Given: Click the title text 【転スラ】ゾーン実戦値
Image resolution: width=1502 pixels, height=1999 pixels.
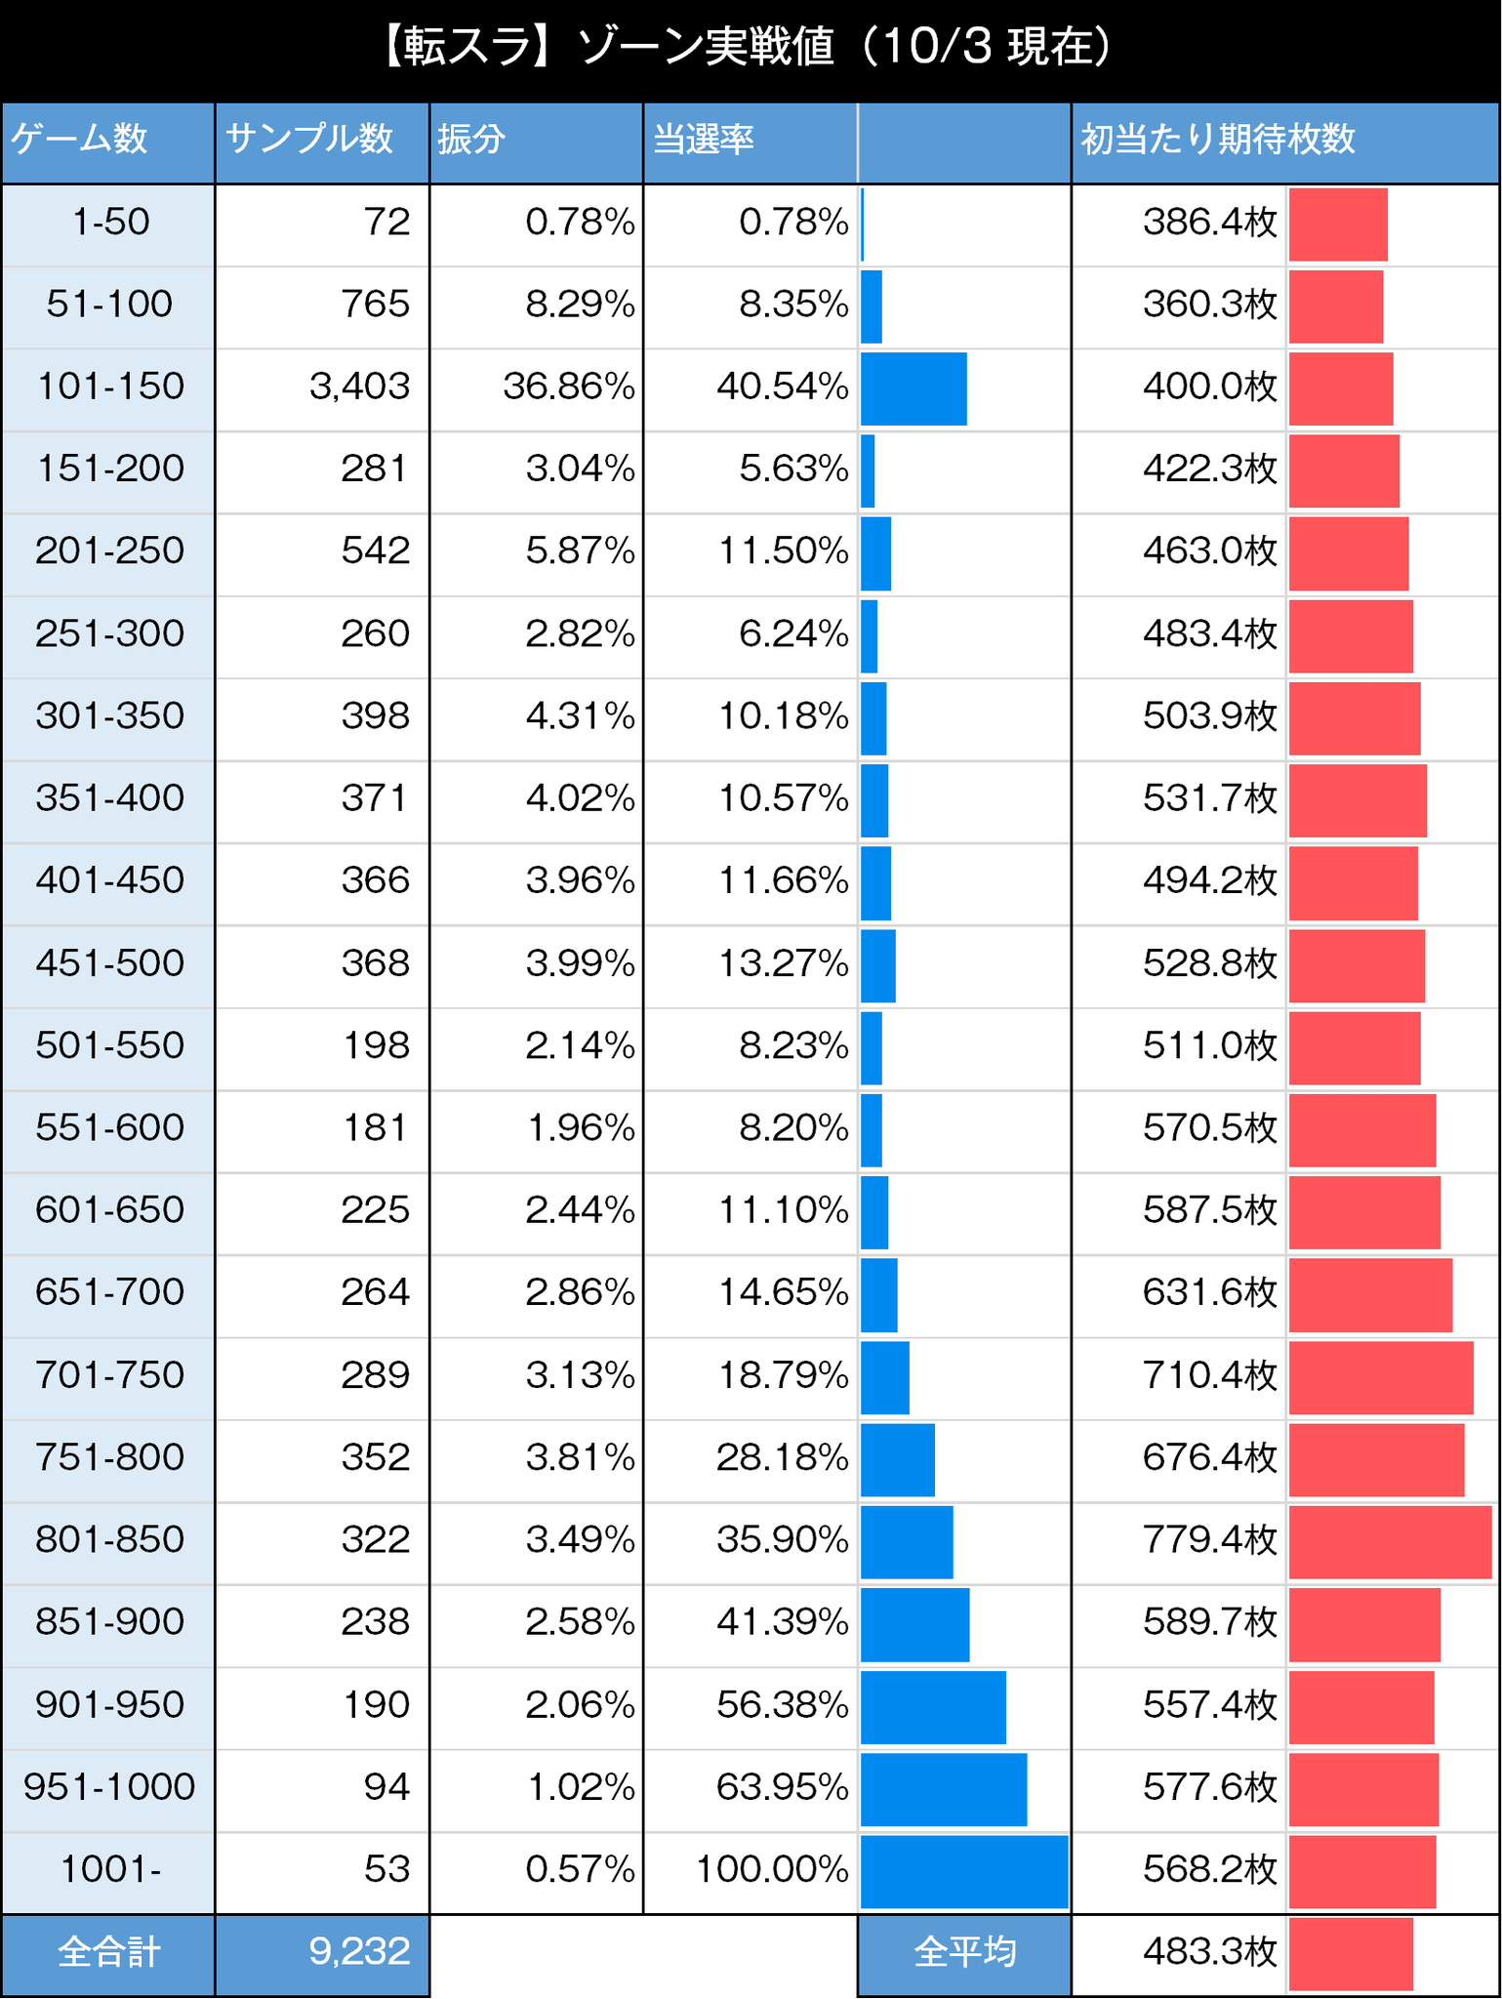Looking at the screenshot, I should click(x=605, y=47).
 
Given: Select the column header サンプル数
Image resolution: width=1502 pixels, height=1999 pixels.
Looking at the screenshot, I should click(x=309, y=140).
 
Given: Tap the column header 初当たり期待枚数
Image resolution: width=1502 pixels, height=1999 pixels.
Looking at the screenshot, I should click(x=1217, y=140).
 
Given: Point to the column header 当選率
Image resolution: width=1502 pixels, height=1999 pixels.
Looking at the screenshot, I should click(x=703, y=140).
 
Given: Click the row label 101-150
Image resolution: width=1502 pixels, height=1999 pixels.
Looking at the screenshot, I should click(x=109, y=387).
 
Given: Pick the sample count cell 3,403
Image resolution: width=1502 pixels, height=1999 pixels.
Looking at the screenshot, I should click(x=359, y=387).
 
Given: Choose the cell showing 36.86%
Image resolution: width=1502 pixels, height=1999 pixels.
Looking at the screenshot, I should click(x=569, y=387).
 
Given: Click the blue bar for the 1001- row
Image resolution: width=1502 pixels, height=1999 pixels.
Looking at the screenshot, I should click(x=964, y=1871).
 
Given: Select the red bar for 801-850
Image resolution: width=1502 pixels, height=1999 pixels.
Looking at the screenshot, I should click(x=1390, y=1541).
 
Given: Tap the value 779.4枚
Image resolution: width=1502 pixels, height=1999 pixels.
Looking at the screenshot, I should click(x=1209, y=1541).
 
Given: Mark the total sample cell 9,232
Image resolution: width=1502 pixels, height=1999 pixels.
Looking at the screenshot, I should click(x=359, y=1952).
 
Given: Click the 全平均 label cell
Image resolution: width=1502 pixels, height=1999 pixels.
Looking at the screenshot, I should click(x=964, y=1952).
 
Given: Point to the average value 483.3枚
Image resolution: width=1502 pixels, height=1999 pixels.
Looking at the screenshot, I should click(x=1209, y=1952).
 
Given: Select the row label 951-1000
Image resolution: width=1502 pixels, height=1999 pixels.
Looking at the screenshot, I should click(x=109, y=1788).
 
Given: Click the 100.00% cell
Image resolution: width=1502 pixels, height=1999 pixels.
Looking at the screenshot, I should click(x=771, y=1871).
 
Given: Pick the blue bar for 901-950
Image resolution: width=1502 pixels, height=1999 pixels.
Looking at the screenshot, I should click(x=933, y=1706).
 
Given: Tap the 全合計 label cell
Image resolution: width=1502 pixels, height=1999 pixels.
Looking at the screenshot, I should click(x=108, y=1952).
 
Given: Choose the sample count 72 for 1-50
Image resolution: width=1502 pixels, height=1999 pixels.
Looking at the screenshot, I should click(x=386, y=223).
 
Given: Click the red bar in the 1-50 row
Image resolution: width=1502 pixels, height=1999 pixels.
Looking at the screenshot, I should click(x=1338, y=224).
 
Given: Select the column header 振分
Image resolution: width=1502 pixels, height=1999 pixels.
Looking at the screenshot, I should click(x=471, y=140).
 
